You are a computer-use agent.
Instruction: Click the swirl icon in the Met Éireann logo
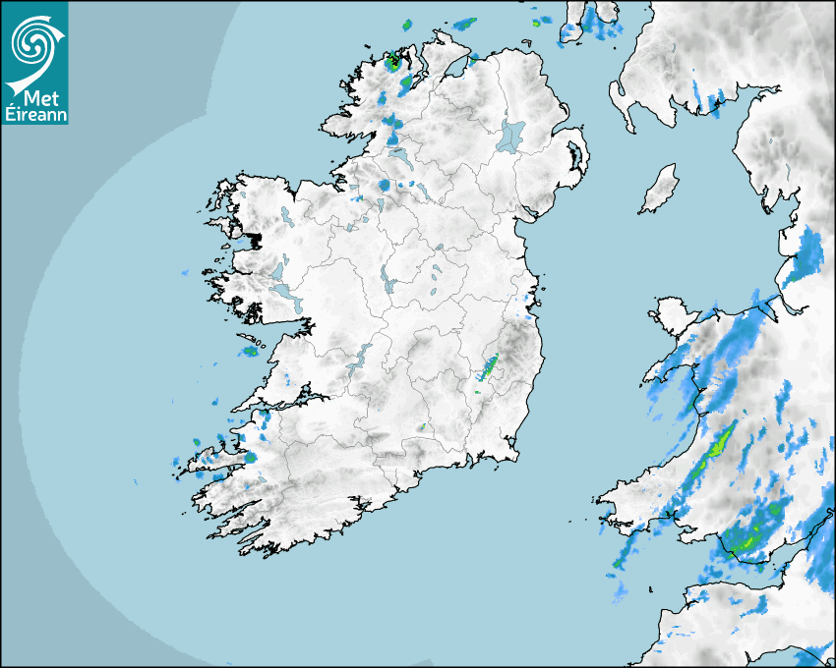[x=34, y=39]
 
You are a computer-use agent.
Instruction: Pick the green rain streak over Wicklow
[x=490, y=367]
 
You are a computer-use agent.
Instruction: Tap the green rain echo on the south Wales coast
[x=748, y=540]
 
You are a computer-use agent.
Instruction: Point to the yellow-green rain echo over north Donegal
[x=396, y=61]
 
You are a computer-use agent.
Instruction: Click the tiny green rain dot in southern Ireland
[x=421, y=426]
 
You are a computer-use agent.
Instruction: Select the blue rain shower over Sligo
[x=384, y=185]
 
